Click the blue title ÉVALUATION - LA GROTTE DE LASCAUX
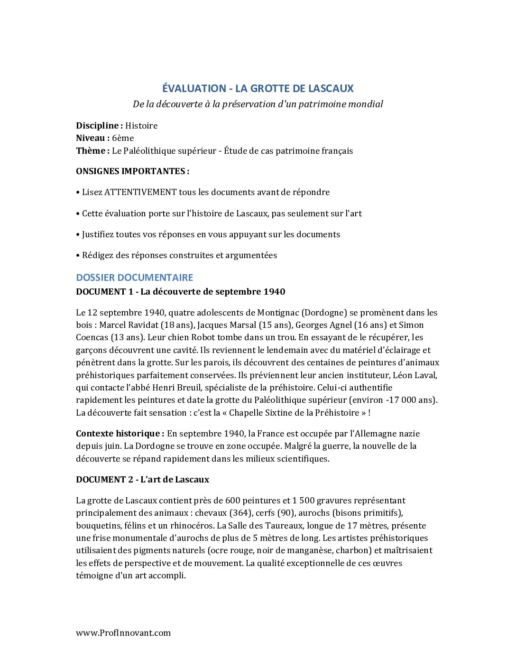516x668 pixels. pyautogui.click(x=258, y=89)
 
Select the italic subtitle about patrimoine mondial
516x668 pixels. pyautogui.click(x=258, y=104)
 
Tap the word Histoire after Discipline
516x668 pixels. pyautogui.click(x=141, y=126)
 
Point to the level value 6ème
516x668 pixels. pyautogui.click(x=123, y=138)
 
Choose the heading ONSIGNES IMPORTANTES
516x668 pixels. pyautogui.click(x=132, y=171)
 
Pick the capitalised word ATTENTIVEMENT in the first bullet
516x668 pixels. pyautogui.click(x=140, y=192)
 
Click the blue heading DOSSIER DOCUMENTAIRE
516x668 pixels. pyautogui.click(x=135, y=278)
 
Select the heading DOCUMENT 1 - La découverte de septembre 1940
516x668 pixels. pyautogui.click(x=180, y=292)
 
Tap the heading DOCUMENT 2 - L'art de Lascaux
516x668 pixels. pyautogui.click(x=142, y=480)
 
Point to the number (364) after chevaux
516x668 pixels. pyautogui.click(x=240, y=513)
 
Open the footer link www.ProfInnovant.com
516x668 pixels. pyautogui.click(x=123, y=633)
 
